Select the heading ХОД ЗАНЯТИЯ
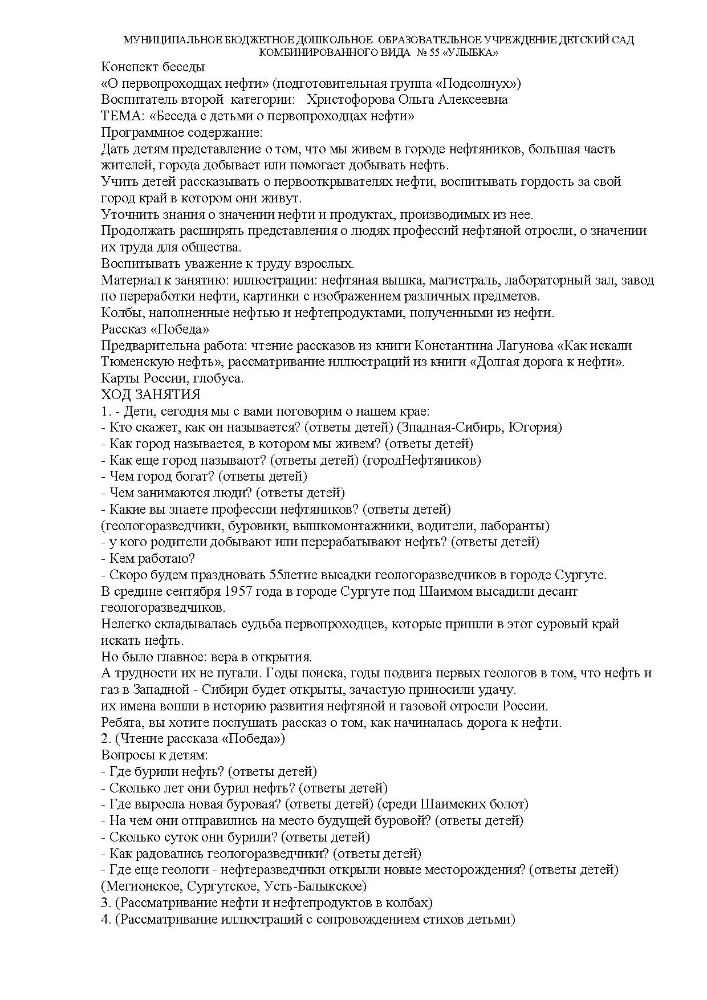point(151,395)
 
